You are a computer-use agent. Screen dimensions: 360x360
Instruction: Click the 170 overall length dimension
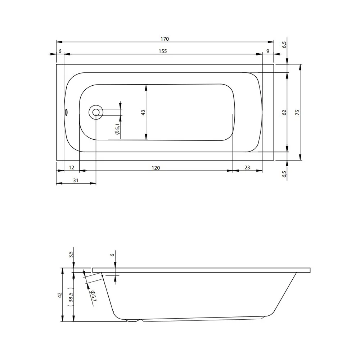tap(165, 39)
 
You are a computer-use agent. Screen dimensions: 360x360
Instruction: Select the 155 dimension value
tap(163, 51)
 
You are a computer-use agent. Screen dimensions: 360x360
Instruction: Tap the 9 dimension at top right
tap(268, 51)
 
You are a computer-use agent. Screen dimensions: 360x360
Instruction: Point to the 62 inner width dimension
tap(284, 112)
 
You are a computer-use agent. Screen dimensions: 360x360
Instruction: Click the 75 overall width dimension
tap(297, 112)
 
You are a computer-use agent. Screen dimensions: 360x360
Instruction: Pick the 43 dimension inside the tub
tap(143, 112)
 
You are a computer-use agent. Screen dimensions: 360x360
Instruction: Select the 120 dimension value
tap(156, 168)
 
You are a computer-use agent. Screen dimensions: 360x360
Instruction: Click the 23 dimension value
tap(247, 168)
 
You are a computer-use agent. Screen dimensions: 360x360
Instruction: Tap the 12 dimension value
tap(71, 168)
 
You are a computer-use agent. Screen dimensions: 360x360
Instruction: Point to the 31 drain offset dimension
tap(76, 180)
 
